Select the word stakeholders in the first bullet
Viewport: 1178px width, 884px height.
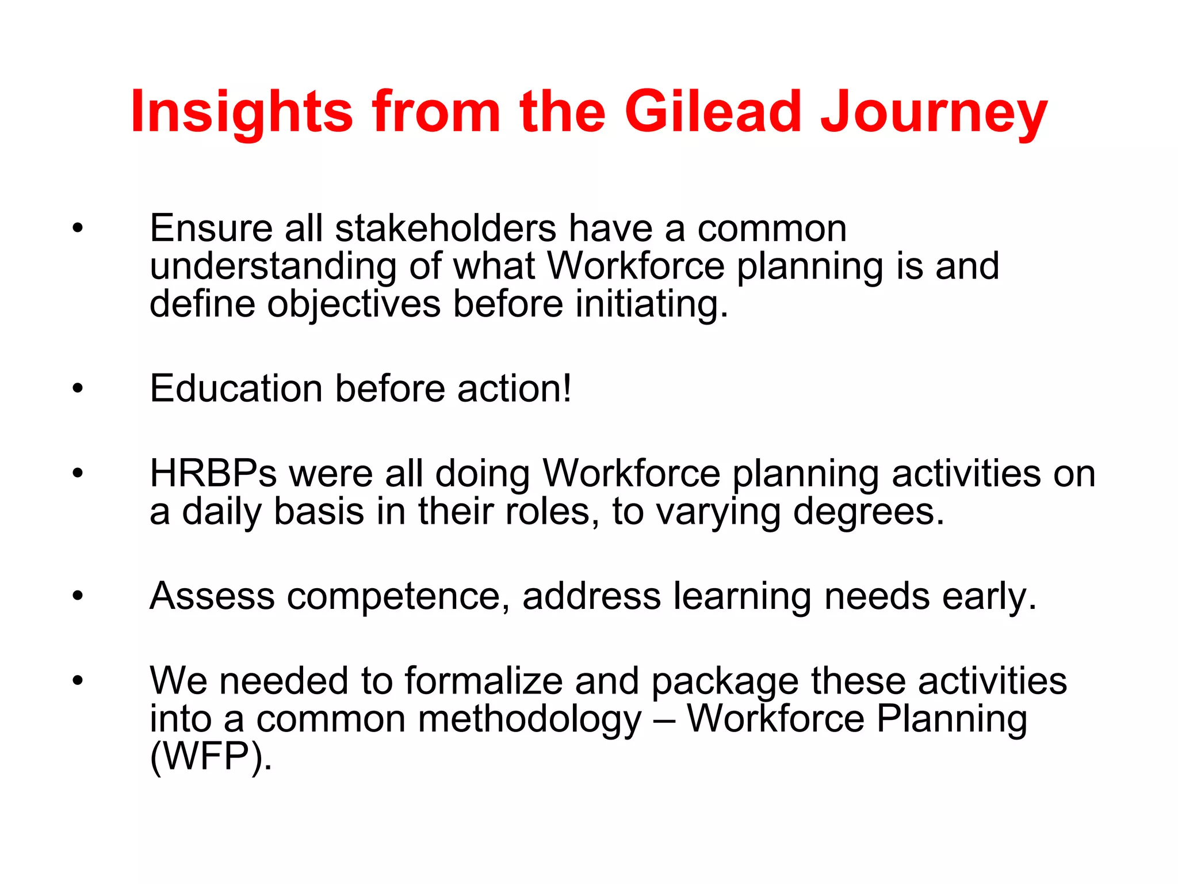446,228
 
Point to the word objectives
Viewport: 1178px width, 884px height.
353,304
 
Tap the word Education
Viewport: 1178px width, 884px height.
236,388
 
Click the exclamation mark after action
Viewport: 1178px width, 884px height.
567,388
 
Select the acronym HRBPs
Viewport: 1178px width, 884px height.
213,474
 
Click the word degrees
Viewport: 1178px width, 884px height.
868,512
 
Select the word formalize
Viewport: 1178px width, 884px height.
484,681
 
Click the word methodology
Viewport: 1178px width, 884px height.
529,719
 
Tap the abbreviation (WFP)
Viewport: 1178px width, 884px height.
210,757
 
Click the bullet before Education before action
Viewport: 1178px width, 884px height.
78,389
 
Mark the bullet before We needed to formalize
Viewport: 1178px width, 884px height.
78,681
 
